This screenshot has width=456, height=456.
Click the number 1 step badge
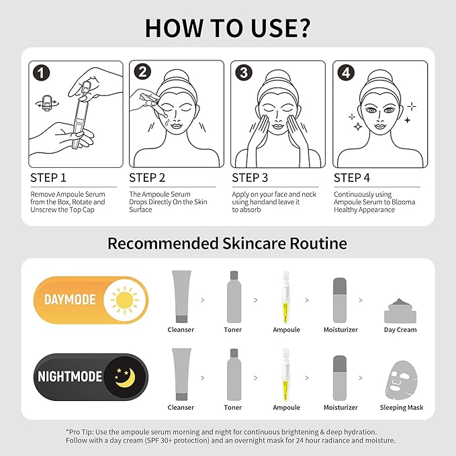pos(42,73)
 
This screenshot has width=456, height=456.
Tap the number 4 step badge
pos(345,73)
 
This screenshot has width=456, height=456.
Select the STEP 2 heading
pos(147,178)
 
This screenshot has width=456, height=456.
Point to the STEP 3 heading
pos(250,178)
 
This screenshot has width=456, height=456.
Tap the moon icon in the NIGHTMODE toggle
pos(124,376)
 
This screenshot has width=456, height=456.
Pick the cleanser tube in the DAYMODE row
pos(181,296)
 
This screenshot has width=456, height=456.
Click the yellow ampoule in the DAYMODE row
pos(282,296)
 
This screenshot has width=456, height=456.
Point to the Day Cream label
pos(400,330)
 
